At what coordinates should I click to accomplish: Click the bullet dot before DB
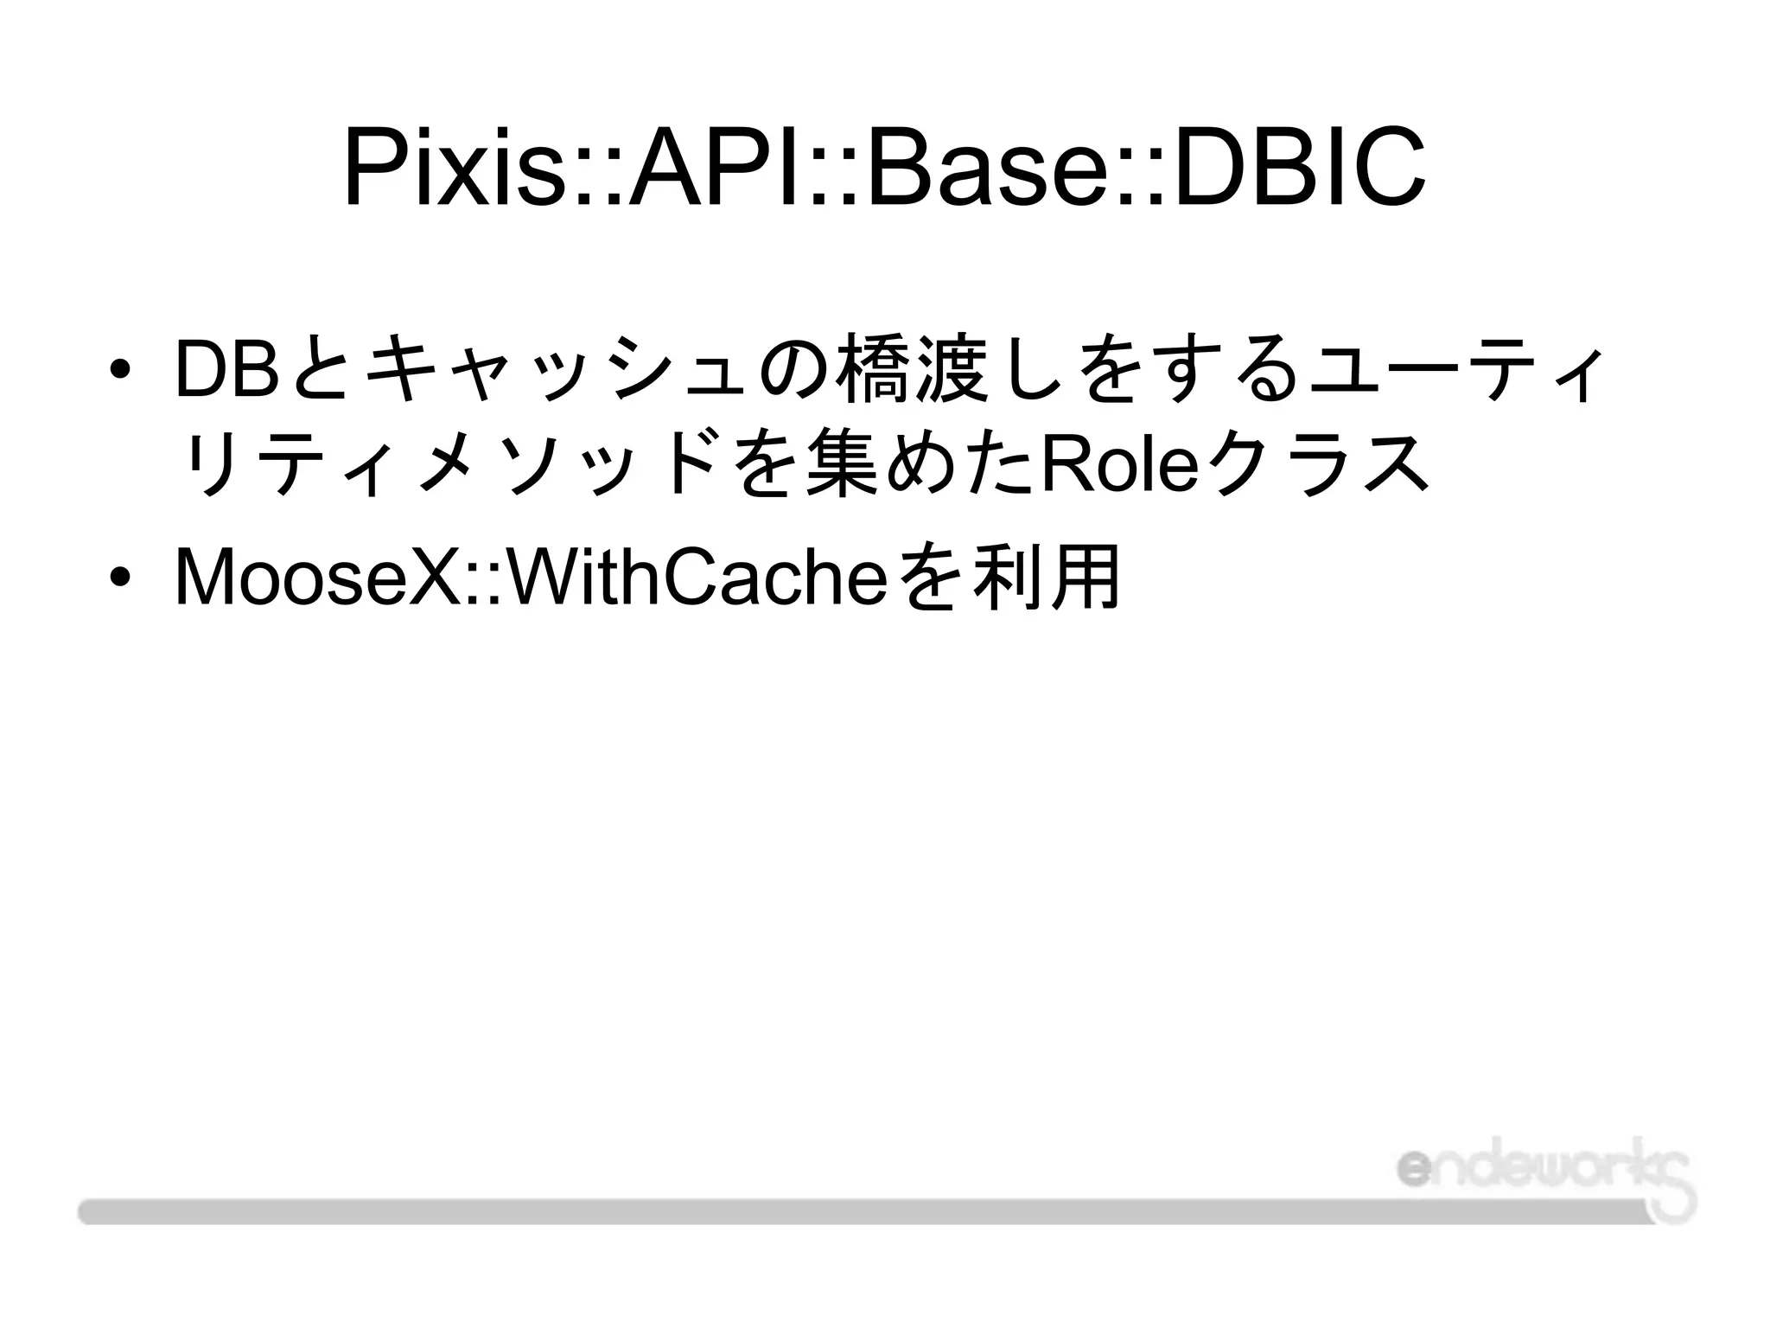(x=119, y=369)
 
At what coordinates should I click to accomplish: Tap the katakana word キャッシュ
(x=554, y=369)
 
